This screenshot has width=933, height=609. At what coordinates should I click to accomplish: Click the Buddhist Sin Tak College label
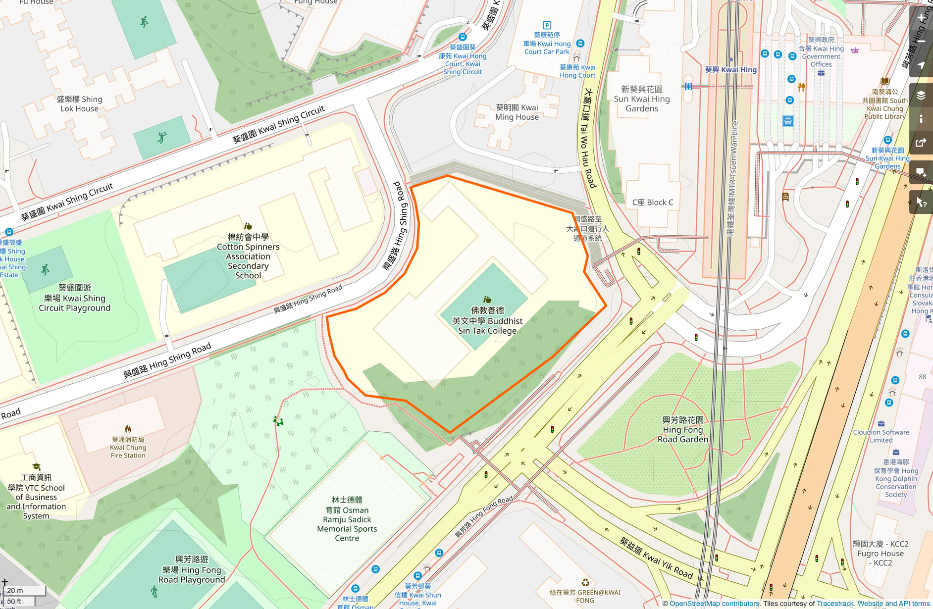pos(487,320)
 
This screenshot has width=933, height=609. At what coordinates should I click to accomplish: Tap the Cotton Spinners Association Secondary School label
pos(248,256)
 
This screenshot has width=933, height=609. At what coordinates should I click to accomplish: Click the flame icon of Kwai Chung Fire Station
pos(128,429)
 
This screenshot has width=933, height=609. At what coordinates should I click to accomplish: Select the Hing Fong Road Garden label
pos(682,429)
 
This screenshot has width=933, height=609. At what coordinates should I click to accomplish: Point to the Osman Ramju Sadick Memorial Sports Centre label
pos(347,519)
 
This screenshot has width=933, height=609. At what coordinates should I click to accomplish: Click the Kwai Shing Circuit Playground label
pos(75,298)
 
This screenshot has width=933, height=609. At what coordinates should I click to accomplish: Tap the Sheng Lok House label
pos(79,103)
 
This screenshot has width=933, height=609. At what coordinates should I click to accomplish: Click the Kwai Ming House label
pos(517,112)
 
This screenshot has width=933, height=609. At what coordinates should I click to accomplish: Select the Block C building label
pos(652,202)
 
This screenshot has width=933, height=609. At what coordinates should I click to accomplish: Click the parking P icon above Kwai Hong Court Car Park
pos(547,25)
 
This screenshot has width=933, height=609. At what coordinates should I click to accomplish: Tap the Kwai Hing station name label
pos(730,70)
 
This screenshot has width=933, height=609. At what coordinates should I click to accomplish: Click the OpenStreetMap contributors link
pos(714,604)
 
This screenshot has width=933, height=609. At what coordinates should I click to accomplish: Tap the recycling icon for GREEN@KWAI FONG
pos(585,583)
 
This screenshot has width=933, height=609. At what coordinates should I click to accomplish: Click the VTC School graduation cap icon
pos(36,467)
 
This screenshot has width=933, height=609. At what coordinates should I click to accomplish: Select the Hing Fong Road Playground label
pos(192,569)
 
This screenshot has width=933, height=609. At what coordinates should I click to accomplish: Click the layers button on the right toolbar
pos(921,96)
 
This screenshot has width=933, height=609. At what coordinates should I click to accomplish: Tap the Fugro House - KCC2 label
pos(880,553)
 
